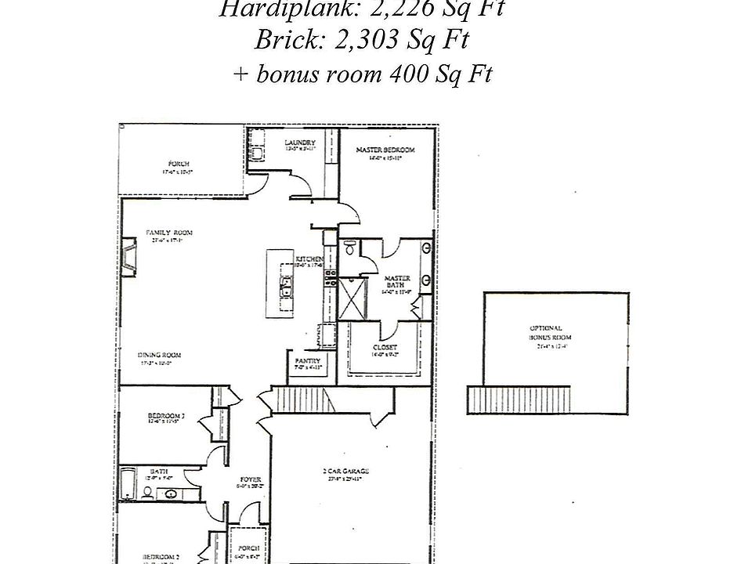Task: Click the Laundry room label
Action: click(x=300, y=143)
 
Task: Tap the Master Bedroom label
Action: click(x=385, y=150)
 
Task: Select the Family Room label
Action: click(x=169, y=233)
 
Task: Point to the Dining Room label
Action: click(x=161, y=354)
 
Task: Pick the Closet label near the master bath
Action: click(x=385, y=347)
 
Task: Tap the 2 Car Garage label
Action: click(x=345, y=471)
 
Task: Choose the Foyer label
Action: click(x=251, y=479)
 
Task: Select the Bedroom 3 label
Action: click(x=165, y=416)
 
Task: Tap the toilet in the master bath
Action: click(x=349, y=248)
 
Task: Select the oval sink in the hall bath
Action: click(x=171, y=494)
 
